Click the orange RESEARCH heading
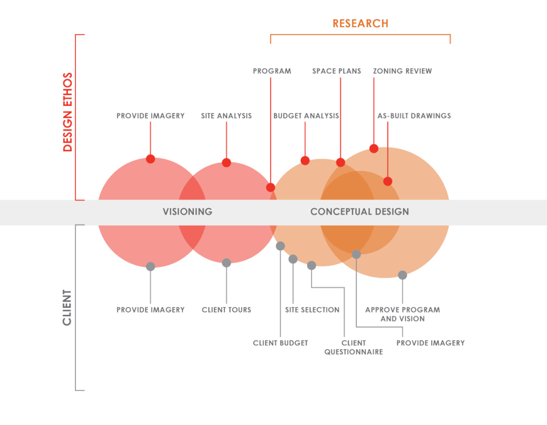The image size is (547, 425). point(361,24)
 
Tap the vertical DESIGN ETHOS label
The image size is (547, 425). point(67,112)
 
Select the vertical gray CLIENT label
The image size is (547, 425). point(67,307)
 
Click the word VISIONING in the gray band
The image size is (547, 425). point(187,212)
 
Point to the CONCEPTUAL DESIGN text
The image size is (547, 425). point(360,212)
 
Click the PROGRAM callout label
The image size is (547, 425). point(272,71)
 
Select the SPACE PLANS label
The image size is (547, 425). point(337,71)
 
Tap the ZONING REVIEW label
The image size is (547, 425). point(403,71)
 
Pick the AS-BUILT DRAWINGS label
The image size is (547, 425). point(414,115)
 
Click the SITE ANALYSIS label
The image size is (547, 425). point(226,115)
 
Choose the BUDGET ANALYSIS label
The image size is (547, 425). point(306,115)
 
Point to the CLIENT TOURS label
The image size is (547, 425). point(226,310)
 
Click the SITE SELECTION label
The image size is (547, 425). point(312,310)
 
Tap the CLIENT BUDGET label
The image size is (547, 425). point(280,343)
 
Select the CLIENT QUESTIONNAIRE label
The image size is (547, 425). point(354,347)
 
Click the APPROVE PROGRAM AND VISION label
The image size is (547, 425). point(403,314)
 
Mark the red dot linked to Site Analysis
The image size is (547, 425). point(226,163)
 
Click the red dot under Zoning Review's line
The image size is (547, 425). point(374,149)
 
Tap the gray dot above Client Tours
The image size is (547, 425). point(226,262)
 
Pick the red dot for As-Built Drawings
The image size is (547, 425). point(388,182)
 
